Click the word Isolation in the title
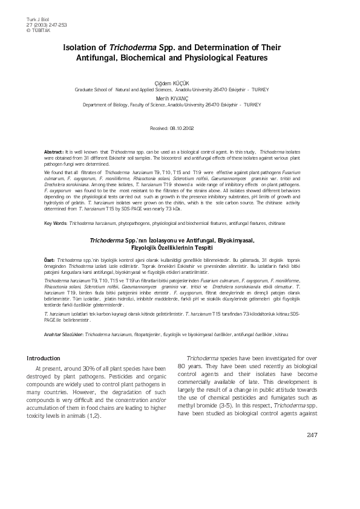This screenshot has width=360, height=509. (x=83, y=47)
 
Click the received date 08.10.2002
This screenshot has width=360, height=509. (x=182, y=128)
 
